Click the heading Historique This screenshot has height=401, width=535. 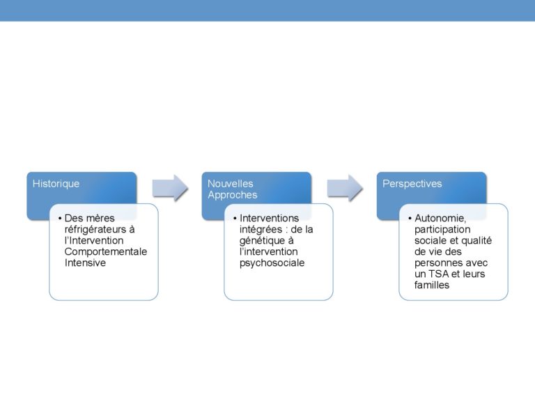tap(56, 184)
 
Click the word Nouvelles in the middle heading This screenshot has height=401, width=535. tap(231, 184)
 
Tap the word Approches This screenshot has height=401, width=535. tap(233, 195)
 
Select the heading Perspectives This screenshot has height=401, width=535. tap(412, 184)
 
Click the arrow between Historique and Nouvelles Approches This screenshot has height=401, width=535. tap(170, 188)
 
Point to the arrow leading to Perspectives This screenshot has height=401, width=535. tap(345, 188)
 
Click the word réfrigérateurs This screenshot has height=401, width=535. tap(95, 230)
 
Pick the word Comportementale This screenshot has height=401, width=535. tap(106, 251)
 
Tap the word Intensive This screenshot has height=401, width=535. tap(85, 263)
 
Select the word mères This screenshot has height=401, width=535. tap(100, 218)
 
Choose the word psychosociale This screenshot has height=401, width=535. tap(272, 263)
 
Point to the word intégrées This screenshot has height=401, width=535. tap(261, 230)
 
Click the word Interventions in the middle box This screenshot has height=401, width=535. tap(269, 218)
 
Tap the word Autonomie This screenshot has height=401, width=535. tap(440, 218)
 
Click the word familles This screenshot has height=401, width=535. tap(432, 285)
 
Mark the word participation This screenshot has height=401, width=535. tap(442, 230)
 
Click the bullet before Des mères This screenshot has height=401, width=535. tap(60, 218)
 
